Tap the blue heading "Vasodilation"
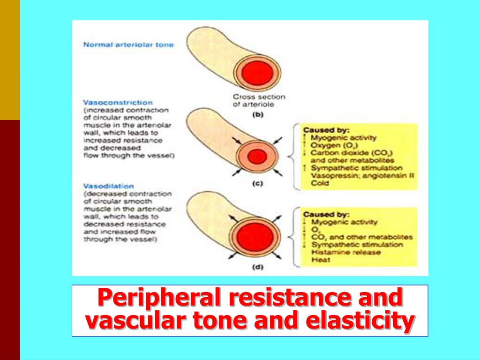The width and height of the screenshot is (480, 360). pyautogui.click(x=107, y=186)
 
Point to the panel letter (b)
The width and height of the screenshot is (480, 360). pyautogui.click(x=257, y=113)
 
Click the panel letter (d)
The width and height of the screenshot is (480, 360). pyautogui.click(x=257, y=268)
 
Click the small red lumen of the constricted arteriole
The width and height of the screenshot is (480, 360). pyautogui.click(x=257, y=157)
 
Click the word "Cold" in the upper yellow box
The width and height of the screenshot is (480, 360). pyautogui.click(x=320, y=183)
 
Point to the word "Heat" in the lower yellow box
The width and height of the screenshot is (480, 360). pyautogui.click(x=321, y=260)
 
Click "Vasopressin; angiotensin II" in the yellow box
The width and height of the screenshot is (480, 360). pyautogui.click(x=362, y=175)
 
